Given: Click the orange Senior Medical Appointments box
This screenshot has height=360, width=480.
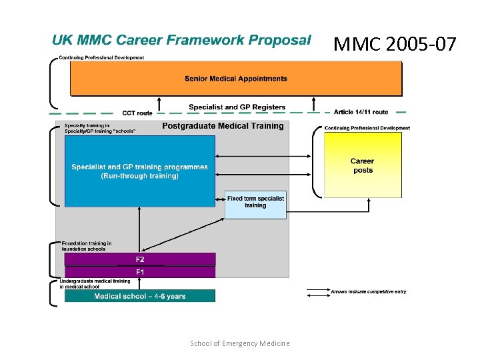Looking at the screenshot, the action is tap(236, 79).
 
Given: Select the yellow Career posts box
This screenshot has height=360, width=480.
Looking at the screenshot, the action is tap(363, 165).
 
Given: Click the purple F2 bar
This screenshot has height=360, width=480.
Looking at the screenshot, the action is tap(140, 259).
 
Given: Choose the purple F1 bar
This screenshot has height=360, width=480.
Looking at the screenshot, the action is tap(140, 272).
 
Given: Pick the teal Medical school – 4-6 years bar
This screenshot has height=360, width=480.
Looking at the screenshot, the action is tap(140, 296).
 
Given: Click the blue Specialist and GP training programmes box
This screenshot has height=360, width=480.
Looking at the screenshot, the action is tap(140, 171).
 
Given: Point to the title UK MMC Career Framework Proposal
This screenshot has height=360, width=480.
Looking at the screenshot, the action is tap(181, 40).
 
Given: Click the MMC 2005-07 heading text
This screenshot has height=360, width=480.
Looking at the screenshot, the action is tap(395, 45).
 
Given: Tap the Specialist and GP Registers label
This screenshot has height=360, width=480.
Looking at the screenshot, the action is tap(237, 107).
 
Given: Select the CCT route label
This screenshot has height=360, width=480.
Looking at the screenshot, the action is tap(137, 113).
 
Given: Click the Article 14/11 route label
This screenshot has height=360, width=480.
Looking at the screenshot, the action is tap(361, 112).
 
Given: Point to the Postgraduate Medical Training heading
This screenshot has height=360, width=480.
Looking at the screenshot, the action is tap(223, 125).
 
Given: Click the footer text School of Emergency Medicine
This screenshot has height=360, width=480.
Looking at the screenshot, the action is tap(240, 343).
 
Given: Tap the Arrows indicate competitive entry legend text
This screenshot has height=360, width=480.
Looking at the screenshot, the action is tap(369, 291).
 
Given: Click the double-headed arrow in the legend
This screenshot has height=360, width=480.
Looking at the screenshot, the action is tap(317, 291).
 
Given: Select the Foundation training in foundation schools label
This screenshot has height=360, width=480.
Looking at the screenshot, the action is tap(87, 246).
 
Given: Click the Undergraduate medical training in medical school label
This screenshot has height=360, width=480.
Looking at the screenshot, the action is tap(95, 284).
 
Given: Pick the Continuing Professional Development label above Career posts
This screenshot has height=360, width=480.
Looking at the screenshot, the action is tap(367, 128).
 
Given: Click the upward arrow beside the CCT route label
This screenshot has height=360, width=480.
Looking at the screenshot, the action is tap(159, 103).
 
